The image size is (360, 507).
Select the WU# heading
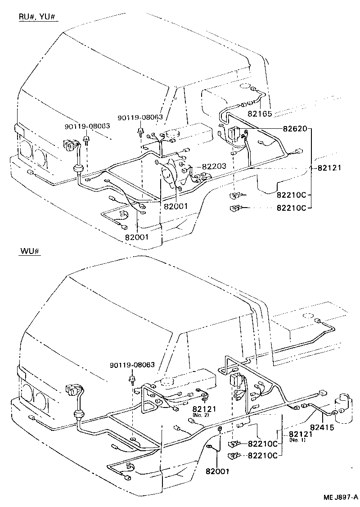point(30,251)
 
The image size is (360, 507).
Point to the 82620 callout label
point(295,129)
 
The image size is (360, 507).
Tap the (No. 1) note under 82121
point(297,440)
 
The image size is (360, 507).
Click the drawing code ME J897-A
point(340,497)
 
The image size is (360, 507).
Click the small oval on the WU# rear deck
point(308,317)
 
